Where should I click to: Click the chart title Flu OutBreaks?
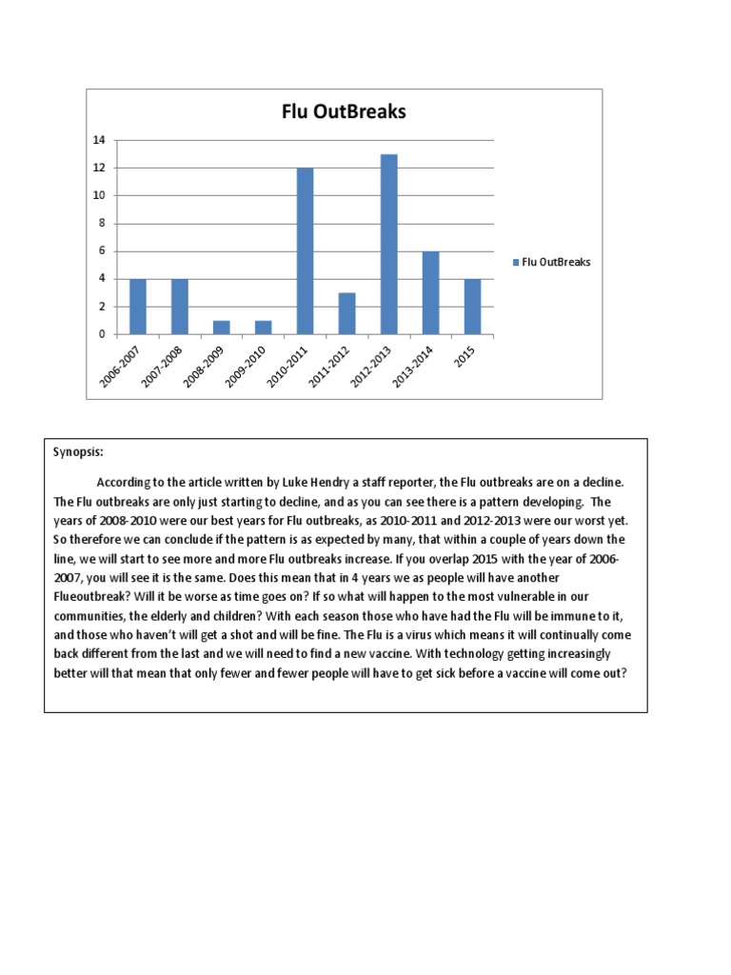point(344,111)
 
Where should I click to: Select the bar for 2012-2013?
point(388,244)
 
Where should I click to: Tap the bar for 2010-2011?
point(305,250)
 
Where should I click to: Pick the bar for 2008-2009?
point(222,327)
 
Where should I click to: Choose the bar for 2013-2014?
point(430,292)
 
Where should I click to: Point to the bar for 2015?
point(472,306)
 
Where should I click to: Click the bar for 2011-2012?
point(346,313)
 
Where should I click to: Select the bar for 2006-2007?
point(138,306)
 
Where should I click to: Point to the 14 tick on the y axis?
point(98,140)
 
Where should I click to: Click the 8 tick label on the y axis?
point(101,224)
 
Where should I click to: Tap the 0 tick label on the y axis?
point(101,334)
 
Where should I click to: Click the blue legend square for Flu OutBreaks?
point(516,262)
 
